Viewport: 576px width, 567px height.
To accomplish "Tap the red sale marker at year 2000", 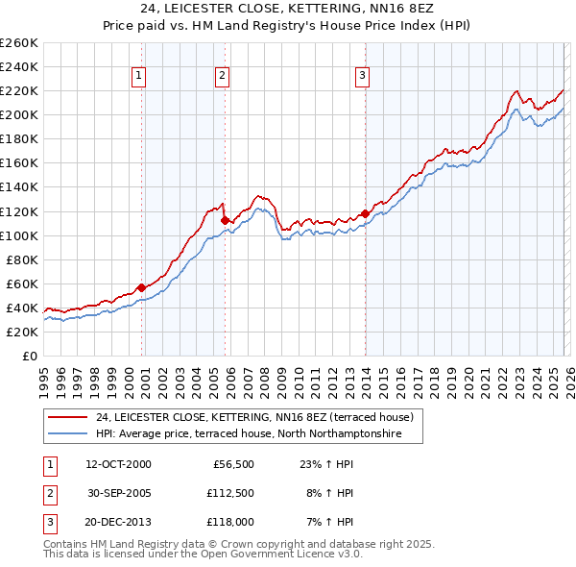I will [x=141, y=287].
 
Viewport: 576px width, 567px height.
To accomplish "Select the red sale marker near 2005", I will [x=225, y=220].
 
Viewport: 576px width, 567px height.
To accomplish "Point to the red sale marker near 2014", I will [x=365, y=213].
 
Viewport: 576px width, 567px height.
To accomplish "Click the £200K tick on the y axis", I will [x=19, y=114].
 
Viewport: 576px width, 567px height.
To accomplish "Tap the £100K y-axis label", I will [x=19, y=235].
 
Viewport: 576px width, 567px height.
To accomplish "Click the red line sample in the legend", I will [x=67, y=417].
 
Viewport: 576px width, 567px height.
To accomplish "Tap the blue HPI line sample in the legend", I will [x=67, y=434].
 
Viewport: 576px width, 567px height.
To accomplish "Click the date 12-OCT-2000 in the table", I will [x=118, y=463].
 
